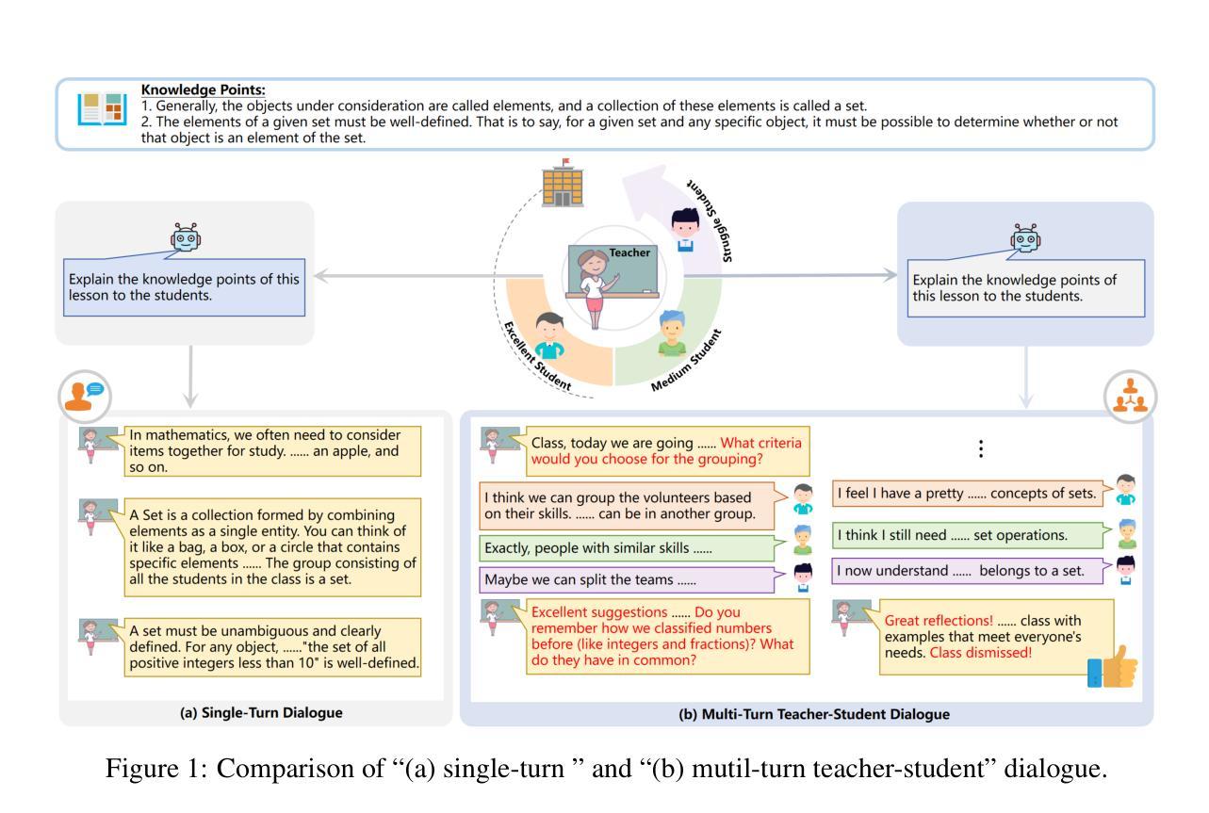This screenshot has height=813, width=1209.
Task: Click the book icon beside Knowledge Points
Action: [101, 110]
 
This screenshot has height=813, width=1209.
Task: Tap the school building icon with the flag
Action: [564, 183]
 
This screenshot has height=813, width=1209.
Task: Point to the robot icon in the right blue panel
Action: [1026, 238]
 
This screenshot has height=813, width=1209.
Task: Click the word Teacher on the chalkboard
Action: [629, 252]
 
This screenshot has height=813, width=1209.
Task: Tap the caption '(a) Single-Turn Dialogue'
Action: [261, 713]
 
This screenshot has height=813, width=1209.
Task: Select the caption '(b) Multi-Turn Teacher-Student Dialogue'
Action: [814, 714]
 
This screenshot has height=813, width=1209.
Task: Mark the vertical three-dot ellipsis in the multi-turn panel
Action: [981, 449]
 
